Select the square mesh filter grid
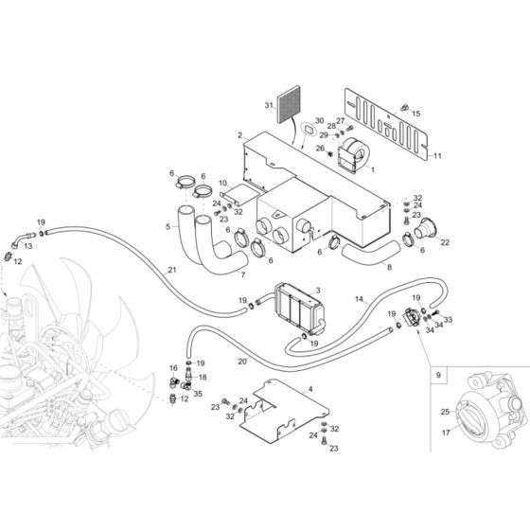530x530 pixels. coord(290,113)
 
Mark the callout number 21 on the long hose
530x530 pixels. coord(171,271)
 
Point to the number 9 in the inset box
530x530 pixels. coord(437,376)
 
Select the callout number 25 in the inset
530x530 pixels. coord(444,412)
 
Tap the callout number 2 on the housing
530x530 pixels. coord(240,135)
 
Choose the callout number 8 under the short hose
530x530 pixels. coord(387,267)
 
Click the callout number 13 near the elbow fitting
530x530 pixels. coord(27,245)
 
